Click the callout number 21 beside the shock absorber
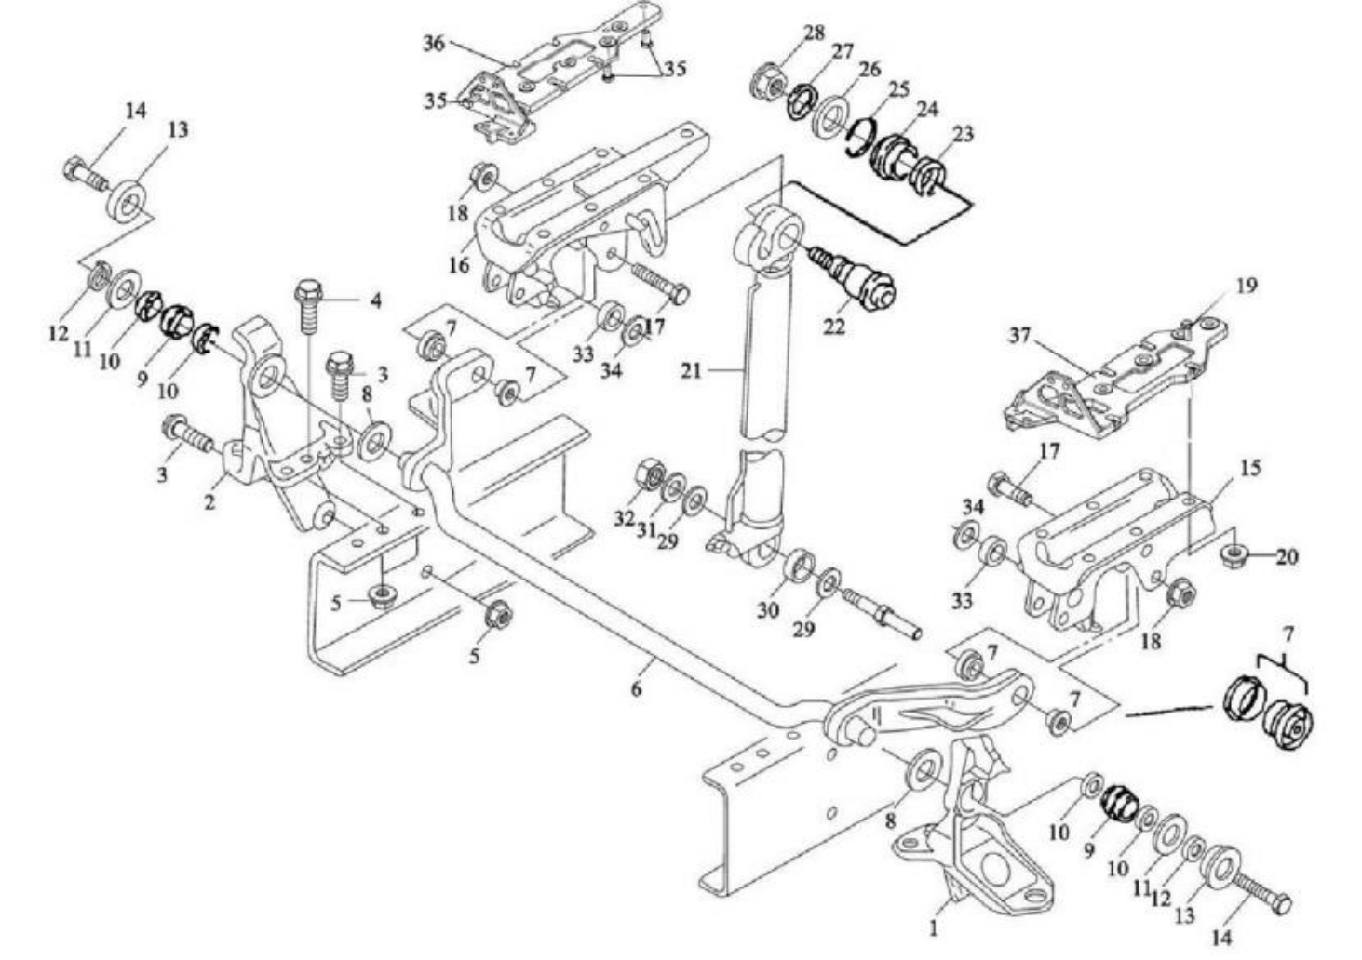[x=691, y=371]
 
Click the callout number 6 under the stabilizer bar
[x=636, y=690]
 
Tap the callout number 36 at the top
[x=434, y=44]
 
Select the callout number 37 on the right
[x=1021, y=335]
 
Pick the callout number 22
[x=835, y=327]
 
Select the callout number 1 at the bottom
[x=934, y=927]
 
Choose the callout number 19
[x=1247, y=285]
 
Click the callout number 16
[x=459, y=265]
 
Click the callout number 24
[x=925, y=108]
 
